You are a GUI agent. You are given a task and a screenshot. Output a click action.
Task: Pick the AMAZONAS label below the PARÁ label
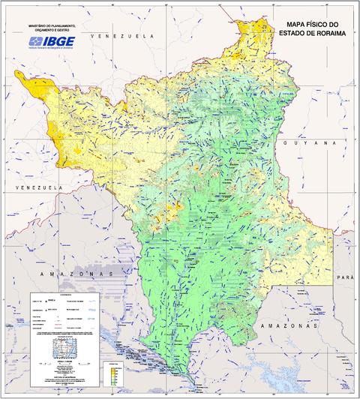289,328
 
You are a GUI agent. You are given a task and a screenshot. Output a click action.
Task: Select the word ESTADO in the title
293,34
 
